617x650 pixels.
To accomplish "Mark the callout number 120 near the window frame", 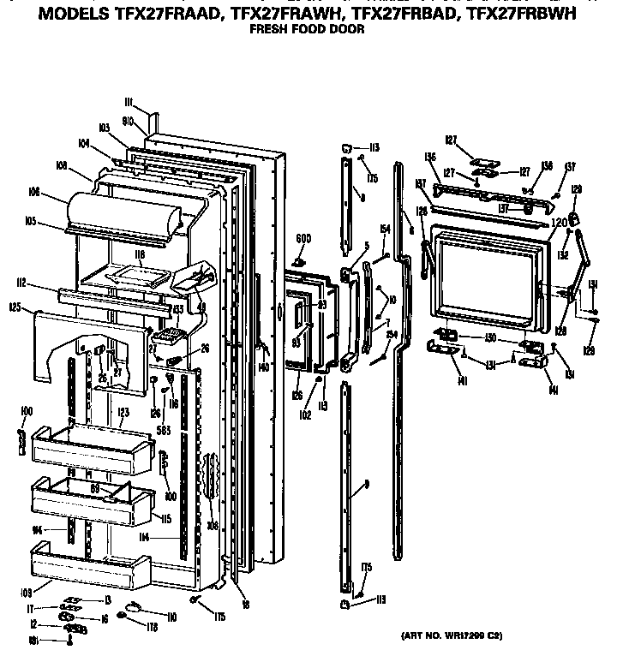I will pyautogui.click(x=560, y=221).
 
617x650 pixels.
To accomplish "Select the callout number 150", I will pyautogui.click(x=490, y=338).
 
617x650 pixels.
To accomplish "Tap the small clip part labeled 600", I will pyautogui.click(x=300, y=259).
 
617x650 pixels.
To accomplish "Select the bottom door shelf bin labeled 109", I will pyautogui.click(x=86, y=569).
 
